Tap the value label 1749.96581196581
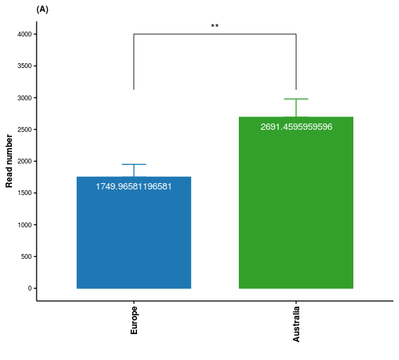[133, 187]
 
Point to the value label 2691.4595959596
[296, 127]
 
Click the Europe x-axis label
[134, 320]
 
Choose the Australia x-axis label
[296, 324]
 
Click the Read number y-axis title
[9, 161]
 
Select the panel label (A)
[42, 9]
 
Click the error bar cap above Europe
[133, 164]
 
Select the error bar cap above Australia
[296, 99]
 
